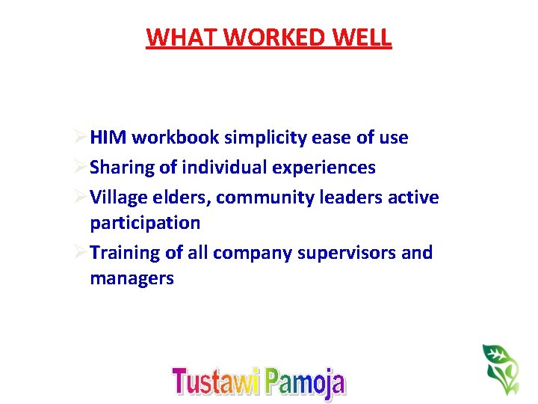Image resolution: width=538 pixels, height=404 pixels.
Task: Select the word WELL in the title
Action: pos(362,37)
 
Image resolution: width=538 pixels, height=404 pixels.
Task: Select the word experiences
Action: pos(324,168)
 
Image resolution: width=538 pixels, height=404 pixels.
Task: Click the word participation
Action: pos(145,223)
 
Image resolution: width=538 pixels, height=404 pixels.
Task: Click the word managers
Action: pos(132,278)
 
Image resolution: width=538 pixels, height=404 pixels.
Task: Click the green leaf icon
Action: pos(500,368)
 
